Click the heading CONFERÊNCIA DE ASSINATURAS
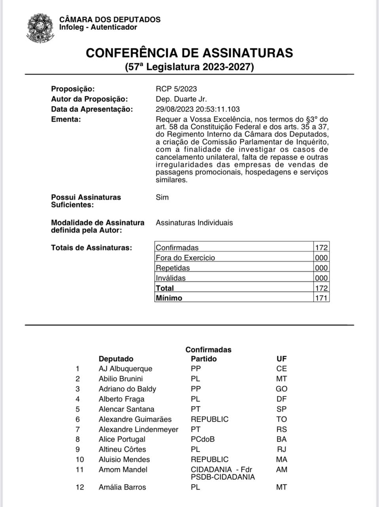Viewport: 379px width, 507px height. coord(189,53)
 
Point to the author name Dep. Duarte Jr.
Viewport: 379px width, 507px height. coord(181,99)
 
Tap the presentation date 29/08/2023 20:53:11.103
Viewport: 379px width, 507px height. coord(197,109)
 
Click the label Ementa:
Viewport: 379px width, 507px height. coord(66,119)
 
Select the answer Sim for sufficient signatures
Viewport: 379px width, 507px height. coord(162,197)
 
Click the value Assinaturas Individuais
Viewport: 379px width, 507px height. coord(194,223)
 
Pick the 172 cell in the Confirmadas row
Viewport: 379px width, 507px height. coord(321,248)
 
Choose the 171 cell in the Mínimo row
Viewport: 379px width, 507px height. coord(321,298)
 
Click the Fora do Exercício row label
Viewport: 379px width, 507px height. coord(185,258)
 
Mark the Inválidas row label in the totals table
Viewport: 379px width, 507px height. coord(171,278)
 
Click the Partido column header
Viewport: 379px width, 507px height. coord(204,359)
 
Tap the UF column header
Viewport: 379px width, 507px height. coord(281,359)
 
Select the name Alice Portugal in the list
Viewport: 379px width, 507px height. coord(122,439)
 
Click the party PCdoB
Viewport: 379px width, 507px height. coord(203,439)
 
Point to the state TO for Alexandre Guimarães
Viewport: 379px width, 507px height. coord(282,419)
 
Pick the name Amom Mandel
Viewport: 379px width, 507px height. coord(123,470)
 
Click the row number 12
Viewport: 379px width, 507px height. coord(80,487)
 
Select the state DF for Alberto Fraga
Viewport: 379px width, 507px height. coord(282,399)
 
